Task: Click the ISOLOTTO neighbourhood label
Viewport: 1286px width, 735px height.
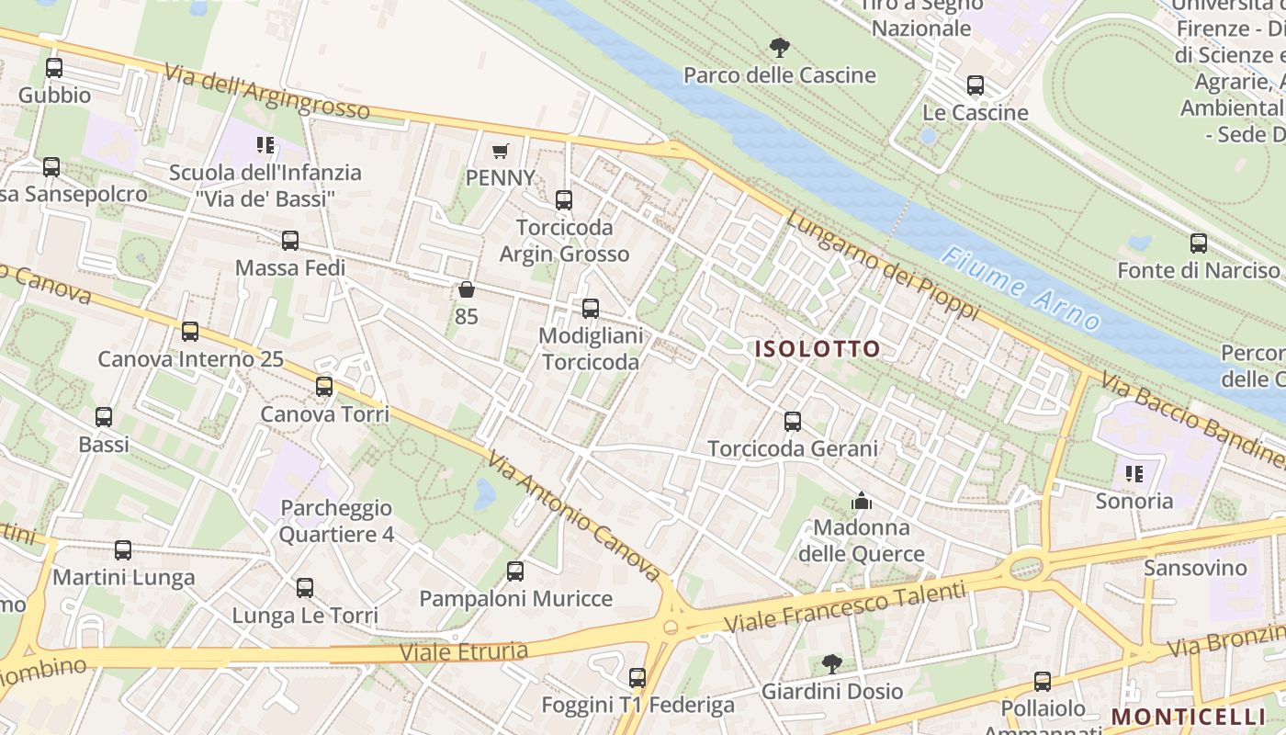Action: pos(818,349)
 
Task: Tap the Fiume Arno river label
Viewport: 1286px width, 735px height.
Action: pos(1022,288)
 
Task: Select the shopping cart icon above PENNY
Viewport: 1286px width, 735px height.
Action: pos(501,151)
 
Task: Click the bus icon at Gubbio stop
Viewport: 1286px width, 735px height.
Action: pos(54,68)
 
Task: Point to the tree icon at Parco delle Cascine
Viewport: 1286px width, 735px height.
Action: pos(780,47)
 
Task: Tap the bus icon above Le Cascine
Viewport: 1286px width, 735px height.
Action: pos(976,85)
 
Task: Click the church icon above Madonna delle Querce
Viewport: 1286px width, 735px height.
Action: pos(862,501)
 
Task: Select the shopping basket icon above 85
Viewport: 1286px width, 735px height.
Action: pos(467,290)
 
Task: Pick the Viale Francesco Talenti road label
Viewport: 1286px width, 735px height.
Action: pos(845,607)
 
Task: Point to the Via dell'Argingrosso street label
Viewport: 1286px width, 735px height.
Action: pos(267,92)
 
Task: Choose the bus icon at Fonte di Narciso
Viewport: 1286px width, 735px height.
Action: pos(1199,243)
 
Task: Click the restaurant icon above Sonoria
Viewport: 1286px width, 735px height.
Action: pos(1134,474)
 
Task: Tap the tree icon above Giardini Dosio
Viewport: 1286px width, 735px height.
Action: pos(832,663)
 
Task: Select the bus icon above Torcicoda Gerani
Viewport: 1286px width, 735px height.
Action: pos(793,422)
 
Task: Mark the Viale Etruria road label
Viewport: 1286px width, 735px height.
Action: pos(464,652)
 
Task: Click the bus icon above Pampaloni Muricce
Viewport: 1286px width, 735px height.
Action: pos(515,571)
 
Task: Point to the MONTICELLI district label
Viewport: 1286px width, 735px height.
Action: pos(1189,717)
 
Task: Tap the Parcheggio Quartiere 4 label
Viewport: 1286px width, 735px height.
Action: pos(336,521)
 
